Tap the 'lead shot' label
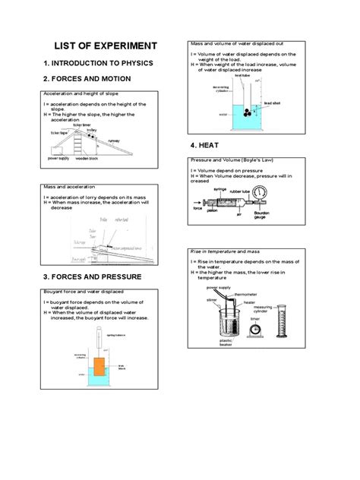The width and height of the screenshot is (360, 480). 273,102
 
